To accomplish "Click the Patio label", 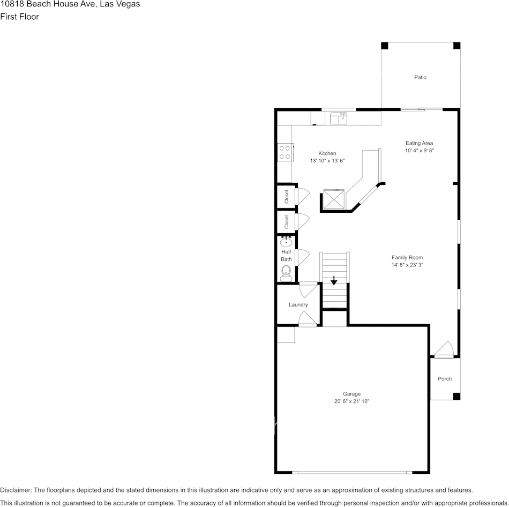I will (x=420, y=78).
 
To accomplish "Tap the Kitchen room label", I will (x=327, y=153).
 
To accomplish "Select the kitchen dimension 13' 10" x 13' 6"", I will (x=327, y=161).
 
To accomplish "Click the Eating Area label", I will (x=419, y=143).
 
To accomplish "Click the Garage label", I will (x=352, y=394).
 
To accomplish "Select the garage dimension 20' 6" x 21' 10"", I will (x=352, y=401).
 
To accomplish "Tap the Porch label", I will (x=445, y=379).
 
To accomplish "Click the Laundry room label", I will (x=298, y=305).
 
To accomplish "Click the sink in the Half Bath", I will (x=286, y=242).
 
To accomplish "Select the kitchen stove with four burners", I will (x=285, y=153).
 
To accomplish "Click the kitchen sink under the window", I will (x=339, y=118).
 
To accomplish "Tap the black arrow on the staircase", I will (x=334, y=280).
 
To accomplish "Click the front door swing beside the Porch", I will (x=444, y=350).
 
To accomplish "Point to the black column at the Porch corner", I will (x=456, y=397).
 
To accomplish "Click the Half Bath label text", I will (x=286, y=256).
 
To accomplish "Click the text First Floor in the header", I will (x=19, y=17).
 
